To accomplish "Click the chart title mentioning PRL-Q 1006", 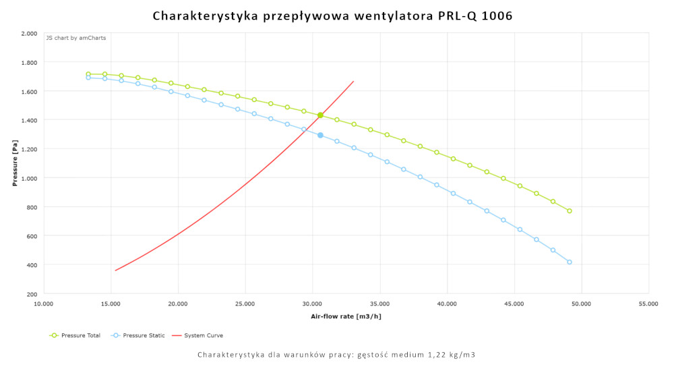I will coord(332,16).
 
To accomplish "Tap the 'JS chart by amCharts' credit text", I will coord(75,38).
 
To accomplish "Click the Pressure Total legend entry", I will coord(75,335).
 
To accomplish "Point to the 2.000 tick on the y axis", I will coord(29,33).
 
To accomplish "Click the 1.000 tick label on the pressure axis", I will coord(29,178).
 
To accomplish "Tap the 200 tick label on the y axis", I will coord(32,294).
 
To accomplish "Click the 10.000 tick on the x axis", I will coord(44,304).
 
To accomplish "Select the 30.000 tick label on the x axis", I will coord(313,304).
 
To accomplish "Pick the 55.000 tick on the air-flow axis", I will coord(648,304).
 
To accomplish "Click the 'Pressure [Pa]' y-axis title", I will coord(15,163).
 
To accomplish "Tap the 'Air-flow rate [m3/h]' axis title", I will coord(346,316).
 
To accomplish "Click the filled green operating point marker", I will coord(320,115).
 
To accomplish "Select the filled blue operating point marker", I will coord(320,135).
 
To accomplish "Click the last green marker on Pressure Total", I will coord(570,211).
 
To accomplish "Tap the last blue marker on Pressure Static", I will coord(570,262).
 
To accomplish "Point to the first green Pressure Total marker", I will coord(88,74).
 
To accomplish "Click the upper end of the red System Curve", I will coord(353,82).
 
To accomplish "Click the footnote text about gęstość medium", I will coord(336,354).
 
